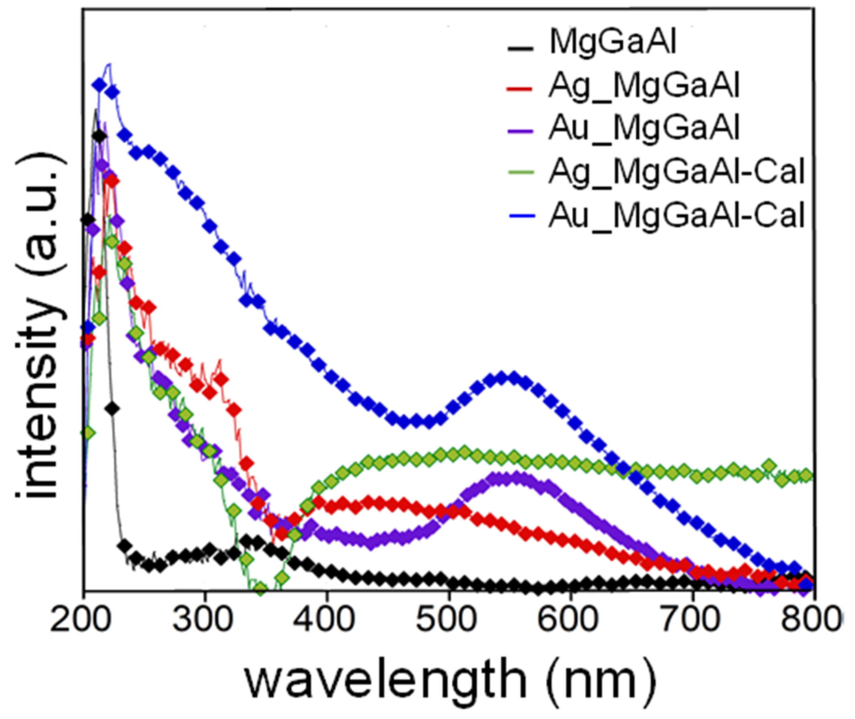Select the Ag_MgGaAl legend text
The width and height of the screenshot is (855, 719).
pos(644,86)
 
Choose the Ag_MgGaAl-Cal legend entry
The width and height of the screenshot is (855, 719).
pos(676,172)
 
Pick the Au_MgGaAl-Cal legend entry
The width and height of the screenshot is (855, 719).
pos(676,215)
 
